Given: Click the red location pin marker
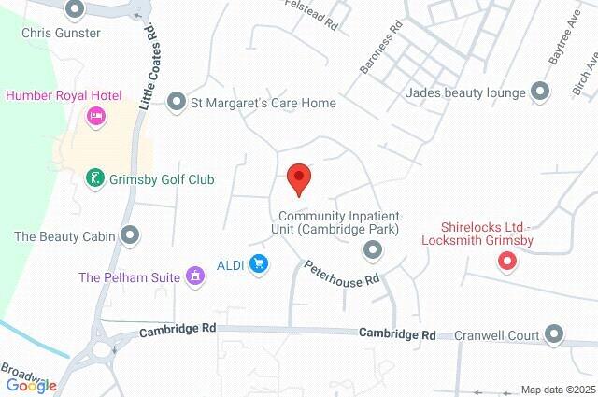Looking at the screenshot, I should (298, 177).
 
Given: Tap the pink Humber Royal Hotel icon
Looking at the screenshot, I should (94, 117).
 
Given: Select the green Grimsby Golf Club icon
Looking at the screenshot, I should (94, 178).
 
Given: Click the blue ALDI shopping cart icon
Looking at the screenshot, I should (259, 265).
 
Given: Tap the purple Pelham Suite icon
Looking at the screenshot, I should (195, 276).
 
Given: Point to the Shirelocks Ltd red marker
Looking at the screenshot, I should (507, 262).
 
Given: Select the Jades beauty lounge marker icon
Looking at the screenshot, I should (539, 92).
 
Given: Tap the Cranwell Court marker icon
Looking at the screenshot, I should (555, 334).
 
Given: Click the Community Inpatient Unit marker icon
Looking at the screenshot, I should (373, 248).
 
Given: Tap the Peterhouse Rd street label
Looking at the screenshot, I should (342, 274).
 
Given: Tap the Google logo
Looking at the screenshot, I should (31, 385).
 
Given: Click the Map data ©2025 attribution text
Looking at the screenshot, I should (557, 390).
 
